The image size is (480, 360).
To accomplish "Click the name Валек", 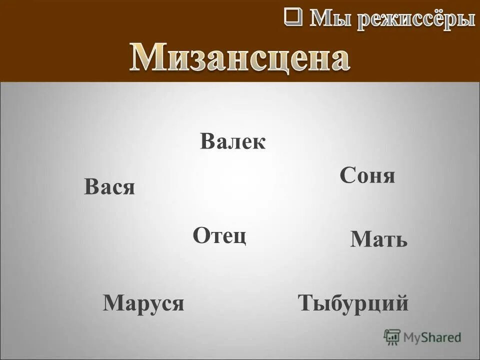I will (x=233, y=142).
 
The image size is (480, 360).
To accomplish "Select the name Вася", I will (x=109, y=187).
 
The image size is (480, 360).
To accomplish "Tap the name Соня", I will (x=367, y=176).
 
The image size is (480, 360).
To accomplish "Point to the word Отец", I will (x=219, y=235).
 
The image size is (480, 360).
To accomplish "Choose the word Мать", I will (x=379, y=240).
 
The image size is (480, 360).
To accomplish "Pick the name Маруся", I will (x=143, y=303).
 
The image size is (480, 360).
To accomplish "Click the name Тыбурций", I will (x=353, y=303).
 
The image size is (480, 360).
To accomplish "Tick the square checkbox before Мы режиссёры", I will (x=293, y=16).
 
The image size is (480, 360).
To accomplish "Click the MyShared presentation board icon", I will (x=392, y=337).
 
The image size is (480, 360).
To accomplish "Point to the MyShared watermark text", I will (x=432, y=338).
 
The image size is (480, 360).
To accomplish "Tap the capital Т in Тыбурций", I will (x=305, y=303).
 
